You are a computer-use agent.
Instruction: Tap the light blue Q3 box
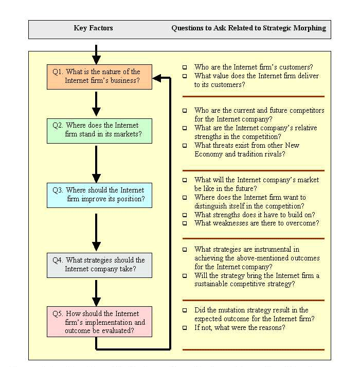coord(99,195)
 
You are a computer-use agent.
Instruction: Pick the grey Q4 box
coord(99,265)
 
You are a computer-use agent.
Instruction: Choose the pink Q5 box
coord(99,322)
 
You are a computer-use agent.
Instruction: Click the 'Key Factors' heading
coord(93,28)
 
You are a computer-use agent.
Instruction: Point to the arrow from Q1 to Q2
coord(96,104)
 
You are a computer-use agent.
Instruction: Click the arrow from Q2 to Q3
coord(96,164)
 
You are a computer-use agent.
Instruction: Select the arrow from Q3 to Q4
coord(96,231)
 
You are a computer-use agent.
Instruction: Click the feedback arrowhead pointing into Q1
coord(157,78)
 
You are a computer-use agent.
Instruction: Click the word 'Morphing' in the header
coord(311,28)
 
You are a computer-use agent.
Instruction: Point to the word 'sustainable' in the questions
coord(214,284)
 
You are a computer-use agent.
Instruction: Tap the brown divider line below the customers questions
coord(254,96)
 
